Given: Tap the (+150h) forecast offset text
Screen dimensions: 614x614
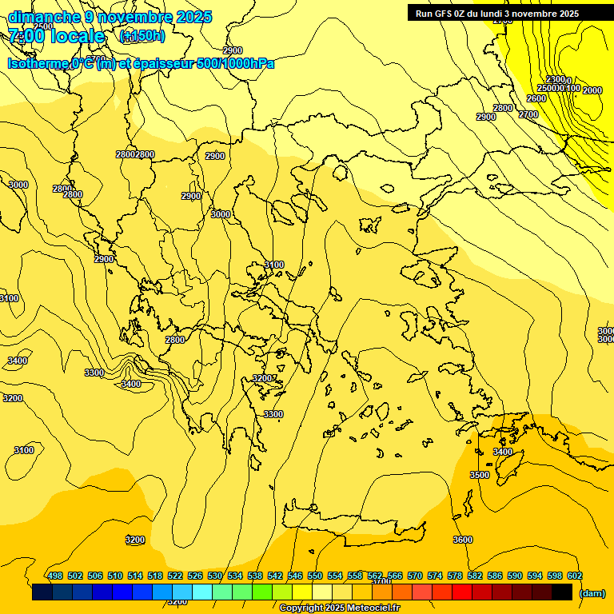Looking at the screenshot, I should click(142, 36).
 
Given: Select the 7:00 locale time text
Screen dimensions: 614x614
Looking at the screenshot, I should click(56, 36).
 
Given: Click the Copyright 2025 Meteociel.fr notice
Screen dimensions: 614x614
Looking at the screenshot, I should click(339, 608).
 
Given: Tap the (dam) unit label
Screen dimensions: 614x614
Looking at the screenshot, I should click(592, 593).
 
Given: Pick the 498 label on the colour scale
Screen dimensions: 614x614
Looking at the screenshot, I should click(55, 576).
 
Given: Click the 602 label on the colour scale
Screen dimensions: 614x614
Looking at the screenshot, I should click(575, 576).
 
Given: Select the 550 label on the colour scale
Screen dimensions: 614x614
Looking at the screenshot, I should click(315, 576).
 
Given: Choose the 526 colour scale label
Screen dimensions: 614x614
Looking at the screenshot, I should click(195, 576).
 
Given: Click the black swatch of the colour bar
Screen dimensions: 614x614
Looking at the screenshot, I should click(562, 592).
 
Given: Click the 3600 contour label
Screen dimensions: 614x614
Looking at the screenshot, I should click(463, 540).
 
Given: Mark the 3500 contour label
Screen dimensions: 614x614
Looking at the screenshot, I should click(479, 475).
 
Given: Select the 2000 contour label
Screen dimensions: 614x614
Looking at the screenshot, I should click(592, 90).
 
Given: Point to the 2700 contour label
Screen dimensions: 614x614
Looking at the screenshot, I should click(528, 114).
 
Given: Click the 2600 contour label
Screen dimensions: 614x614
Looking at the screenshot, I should click(536, 98).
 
